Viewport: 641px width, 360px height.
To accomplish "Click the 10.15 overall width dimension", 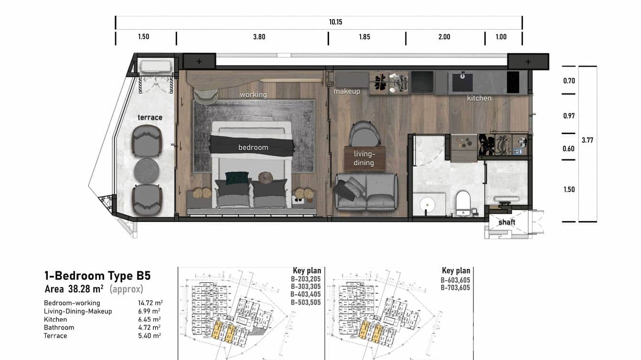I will pyautogui.click(x=335, y=22).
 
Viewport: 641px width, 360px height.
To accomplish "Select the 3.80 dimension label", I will pyautogui.click(x=259, y=37).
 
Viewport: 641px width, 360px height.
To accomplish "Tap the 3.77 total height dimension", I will pyautogui.click(x=588, y=140).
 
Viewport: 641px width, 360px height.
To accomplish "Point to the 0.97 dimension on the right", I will pyautogui.click(x=569, y=116).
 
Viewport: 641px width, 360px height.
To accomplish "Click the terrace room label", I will pyautogui.click(x=150, y=117).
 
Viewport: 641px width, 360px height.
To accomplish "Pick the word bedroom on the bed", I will pyautogui.click(x=253, y=148).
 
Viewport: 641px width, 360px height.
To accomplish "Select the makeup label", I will pyautogui.click(x=347, y=91).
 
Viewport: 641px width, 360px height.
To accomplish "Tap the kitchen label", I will pyautogui.click(x=479, y=98).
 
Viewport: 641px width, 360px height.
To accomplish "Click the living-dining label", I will pyautogui.click(x=363, y=159).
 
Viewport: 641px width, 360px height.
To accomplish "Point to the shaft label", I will pyautogui.click(x=507, y=222).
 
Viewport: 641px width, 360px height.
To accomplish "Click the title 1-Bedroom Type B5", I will pyautogui.click(x=97, y=275).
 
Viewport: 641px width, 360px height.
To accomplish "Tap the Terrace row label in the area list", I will pyautogui.click(x=55, y=336).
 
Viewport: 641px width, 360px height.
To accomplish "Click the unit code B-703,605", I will pyautogui.click(x=455, y=287).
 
